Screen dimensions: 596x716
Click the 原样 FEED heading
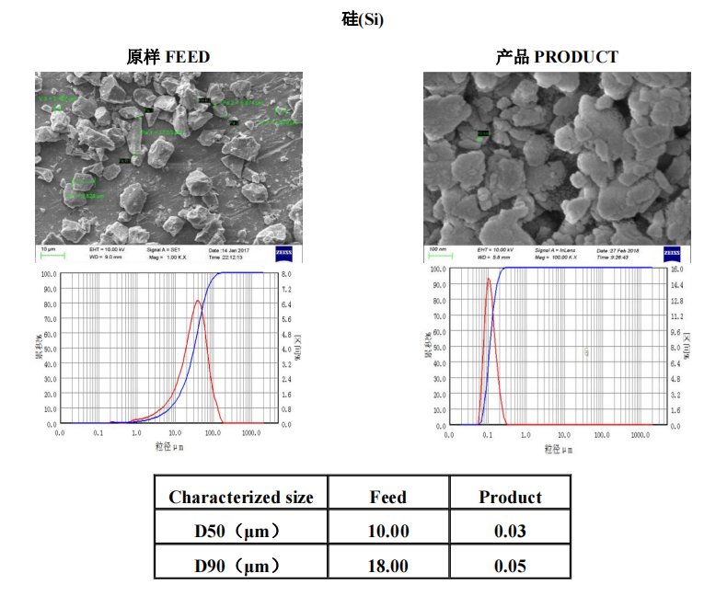[168, 57]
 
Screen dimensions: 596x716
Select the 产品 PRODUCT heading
[557, 57]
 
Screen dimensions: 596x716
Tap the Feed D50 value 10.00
[387, 531]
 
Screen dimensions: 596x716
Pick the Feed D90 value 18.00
[387, 565]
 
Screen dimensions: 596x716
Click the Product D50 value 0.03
[510, 531]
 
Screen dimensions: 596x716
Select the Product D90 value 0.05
[510, 565]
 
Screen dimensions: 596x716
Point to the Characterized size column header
[241, 498]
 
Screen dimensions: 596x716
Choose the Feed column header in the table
[387, 498]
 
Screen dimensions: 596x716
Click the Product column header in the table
[510, 498]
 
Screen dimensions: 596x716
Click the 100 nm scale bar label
[436, 249]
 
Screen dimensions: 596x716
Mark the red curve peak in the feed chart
[198, 301]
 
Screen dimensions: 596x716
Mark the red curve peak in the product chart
[488, 279]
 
